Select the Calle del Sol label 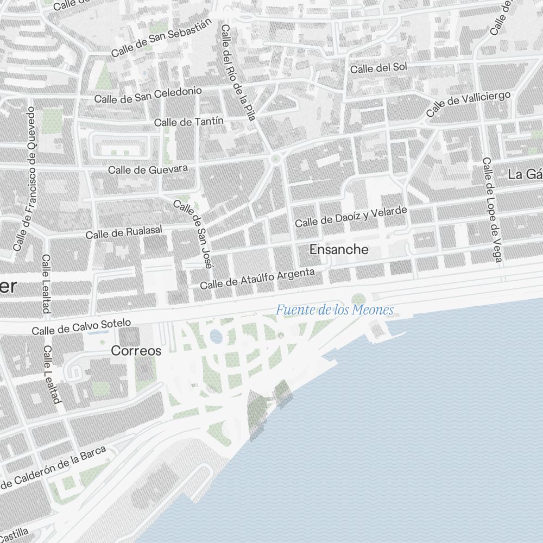click(x=378, y=68)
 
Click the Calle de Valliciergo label click(x=468, y=104)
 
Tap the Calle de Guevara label click(x=148, y=169)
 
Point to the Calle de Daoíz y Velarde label click(x=350, y=217)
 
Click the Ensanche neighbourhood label click(x=339, y=250)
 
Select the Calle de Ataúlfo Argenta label click(x=257, y=278)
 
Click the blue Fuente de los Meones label click(x=334, y=311)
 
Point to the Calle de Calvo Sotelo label click(x=81, y=327)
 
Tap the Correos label click(x=136, y=351)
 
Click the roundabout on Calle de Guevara click(x=275, y=159)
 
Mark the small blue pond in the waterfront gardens click(x=216, y=337)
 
